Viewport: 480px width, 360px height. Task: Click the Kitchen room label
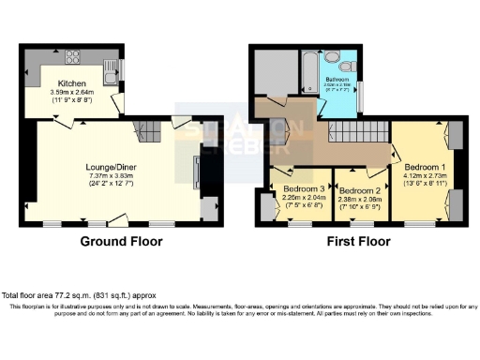[x=72, y=83]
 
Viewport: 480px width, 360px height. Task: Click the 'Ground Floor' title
[x=121, y=241]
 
